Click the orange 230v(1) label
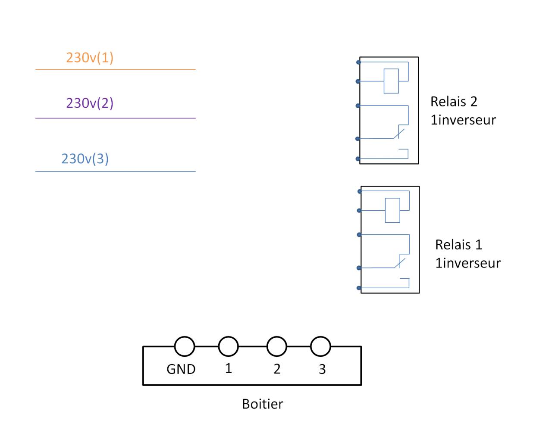[90, 58]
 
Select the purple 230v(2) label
[90, 103]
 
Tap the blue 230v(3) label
[85, 159]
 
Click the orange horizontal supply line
[115, 69]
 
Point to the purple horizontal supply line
[115, 118]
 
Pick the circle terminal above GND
[185, 346]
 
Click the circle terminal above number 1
[229, 346]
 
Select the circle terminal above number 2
[277, 346]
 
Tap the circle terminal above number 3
[320, 346]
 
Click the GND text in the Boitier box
[181, 369]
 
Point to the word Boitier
[262, 404]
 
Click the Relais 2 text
[454, 102]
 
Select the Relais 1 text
[458, 245]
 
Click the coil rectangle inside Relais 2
[391, 81]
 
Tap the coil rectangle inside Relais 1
[392, 210]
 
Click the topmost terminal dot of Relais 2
[358, 62]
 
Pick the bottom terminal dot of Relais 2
[358, 159]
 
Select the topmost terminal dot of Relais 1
[360, 191]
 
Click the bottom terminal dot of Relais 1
[359, 288]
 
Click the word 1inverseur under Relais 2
[463, 120]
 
